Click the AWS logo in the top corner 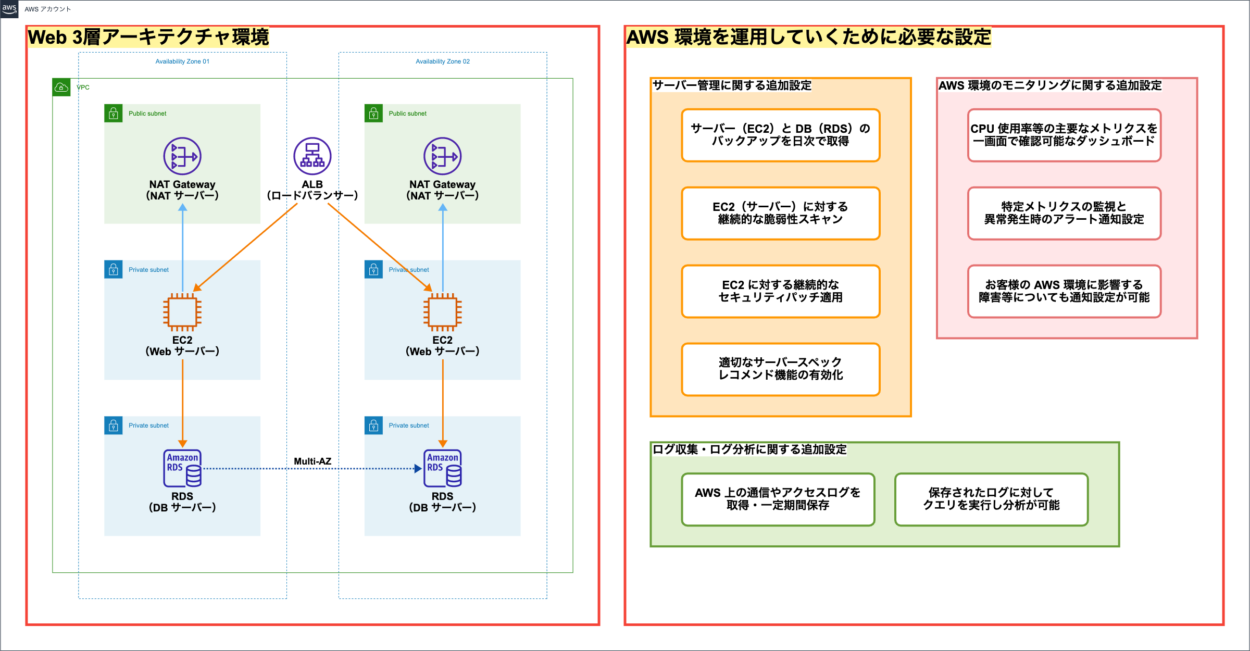click(9, 9)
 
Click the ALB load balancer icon click(312, 156)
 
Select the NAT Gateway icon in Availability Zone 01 click(182, 156)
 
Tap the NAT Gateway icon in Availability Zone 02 click(443, 156)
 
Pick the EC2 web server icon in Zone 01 click(182, 312)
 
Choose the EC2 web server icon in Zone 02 click(443, 312)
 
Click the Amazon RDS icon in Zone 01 click(182, 468)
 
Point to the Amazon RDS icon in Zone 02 click(443, 468)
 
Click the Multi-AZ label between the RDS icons click(312, 461)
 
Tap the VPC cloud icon click(61, 87)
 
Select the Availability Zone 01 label click(182, 61)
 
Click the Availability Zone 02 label click(443, 61)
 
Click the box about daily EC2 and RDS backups click(780, 135)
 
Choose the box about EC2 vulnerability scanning click(780, 213)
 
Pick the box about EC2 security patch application click(780, 291)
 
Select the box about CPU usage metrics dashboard click(1064, 135)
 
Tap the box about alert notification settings click(1064, 213)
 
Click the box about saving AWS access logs click(778, 499)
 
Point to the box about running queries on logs click(991, 499)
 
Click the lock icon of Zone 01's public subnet click(114, 114)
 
